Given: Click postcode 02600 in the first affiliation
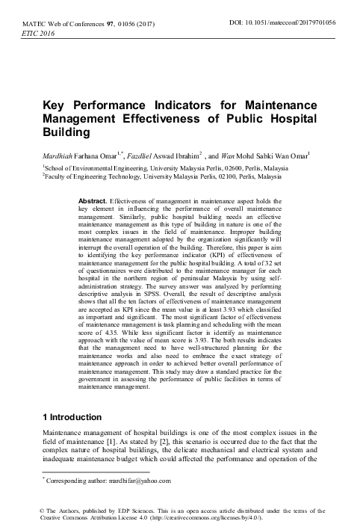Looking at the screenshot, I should tap(197, 170).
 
